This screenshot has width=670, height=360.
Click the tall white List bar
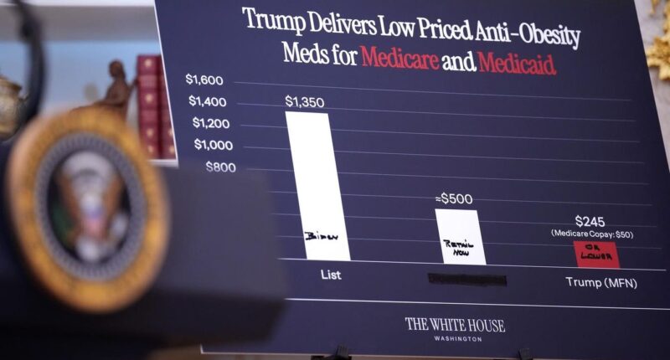click(317, 184)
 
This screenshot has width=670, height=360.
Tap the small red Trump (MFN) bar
click(596, 254)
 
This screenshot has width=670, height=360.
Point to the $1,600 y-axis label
click(204, 80)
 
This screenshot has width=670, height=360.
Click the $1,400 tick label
click(207, 102)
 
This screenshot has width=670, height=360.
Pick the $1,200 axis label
click(210, 123)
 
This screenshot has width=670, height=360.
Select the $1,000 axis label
click(214, 145)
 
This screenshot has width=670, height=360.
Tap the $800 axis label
click(221, 166)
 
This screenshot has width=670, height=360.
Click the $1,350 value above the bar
click(304, 102)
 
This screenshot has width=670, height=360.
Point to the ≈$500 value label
click(454, 199)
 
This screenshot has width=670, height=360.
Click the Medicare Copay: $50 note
click(592, 234)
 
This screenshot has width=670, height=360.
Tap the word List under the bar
click(330, 274)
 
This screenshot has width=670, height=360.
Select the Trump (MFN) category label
click(600, 282)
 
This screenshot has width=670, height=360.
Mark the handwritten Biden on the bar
click(317, 237)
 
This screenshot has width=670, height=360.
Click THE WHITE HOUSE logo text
click(455, 325)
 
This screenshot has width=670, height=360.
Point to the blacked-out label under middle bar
click(466, 278)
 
